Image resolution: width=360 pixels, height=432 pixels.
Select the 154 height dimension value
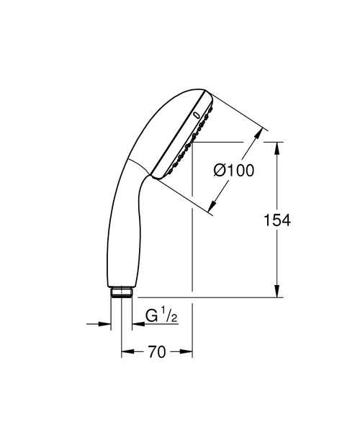278,220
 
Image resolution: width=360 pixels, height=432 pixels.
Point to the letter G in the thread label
153,318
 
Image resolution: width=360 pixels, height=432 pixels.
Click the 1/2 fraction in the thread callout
168,315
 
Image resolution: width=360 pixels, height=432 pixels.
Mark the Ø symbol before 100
220,171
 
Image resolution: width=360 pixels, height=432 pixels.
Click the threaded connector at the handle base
121,292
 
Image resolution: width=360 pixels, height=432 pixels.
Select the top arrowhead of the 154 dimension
278,147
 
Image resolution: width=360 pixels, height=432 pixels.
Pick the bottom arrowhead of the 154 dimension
278,292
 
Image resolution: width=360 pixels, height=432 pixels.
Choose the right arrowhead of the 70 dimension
188,352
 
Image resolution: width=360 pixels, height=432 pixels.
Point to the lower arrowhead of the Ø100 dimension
212,208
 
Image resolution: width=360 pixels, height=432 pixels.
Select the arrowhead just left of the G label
136,324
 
